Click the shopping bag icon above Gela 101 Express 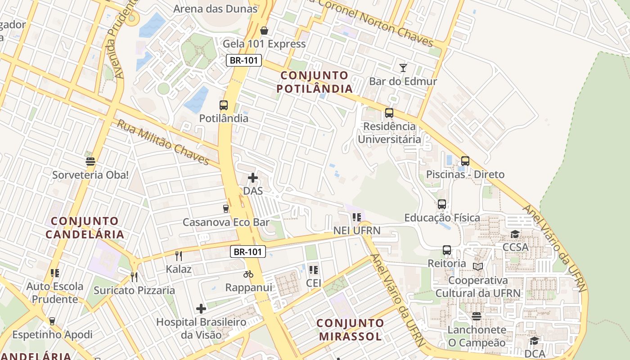point(264,31)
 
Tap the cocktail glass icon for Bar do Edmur point(403,68)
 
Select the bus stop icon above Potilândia point(224,105)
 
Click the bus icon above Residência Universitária point(389,113)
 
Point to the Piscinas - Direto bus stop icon point(465,161)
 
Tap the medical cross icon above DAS point(253,178)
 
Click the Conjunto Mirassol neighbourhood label point(350,329)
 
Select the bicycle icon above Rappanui point(248,274)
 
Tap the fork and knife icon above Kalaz point(179,256)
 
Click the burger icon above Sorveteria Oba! point(90,162)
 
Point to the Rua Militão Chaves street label point(163,142)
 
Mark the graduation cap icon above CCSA point(515,234)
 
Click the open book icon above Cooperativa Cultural point(478,266)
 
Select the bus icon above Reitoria point(447,250)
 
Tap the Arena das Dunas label point(216,9)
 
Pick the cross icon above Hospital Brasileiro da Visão point(201,309)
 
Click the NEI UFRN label point(357,231)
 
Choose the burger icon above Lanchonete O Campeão point(477,316)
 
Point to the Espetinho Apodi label point(52,335)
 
